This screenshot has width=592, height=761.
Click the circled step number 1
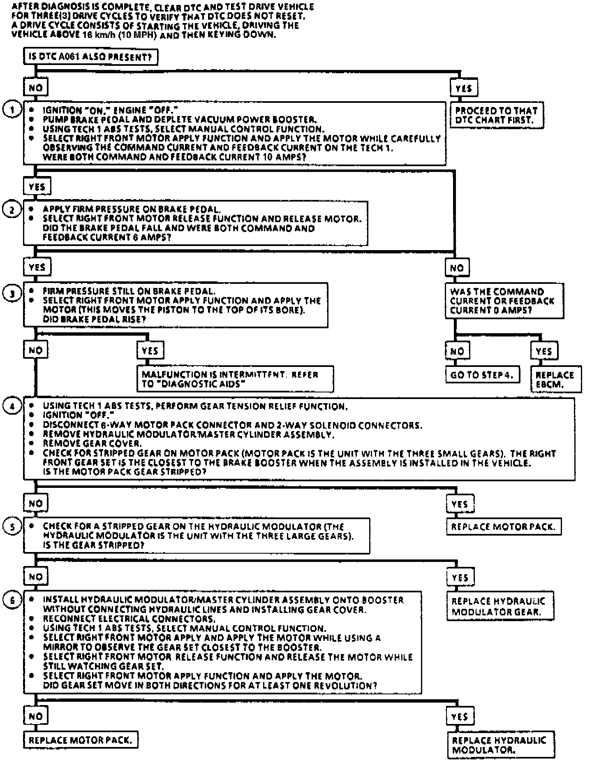click(x=12, y=110)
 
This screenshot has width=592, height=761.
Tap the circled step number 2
click(x=12, y=210)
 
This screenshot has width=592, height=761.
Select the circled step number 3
click(x=12, y=293)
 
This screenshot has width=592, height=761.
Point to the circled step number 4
click(x=12, y=406)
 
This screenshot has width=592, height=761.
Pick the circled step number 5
click(x=12, y=527)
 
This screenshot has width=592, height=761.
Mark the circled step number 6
click(x=12, y=600)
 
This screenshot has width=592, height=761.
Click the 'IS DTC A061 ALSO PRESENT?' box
click(x=90, y=57)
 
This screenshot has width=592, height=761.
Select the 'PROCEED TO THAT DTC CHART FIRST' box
click(x=497, y=116)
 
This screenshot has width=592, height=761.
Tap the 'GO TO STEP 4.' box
click(x=482, y=375)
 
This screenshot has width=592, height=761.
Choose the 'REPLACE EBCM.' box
click(x=555, y=380)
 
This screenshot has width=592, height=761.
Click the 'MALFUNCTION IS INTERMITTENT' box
click(x=235, y=379)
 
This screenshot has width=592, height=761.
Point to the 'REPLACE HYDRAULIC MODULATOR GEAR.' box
click(x=500, y=606)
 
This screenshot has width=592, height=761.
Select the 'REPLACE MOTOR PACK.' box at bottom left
click(x=81, y=740)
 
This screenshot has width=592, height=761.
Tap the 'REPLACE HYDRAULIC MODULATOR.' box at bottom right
click(x=500, y=745)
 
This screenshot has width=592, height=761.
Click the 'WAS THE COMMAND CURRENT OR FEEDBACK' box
click(x=504, y=301)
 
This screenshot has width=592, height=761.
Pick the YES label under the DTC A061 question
click(x=464, y=88)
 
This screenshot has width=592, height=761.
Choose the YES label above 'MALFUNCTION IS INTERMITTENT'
click(x=150, y=351)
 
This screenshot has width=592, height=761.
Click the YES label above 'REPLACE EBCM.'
click(x=543, y=351)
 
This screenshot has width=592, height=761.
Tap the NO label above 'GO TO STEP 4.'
click(x=457, y=351)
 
